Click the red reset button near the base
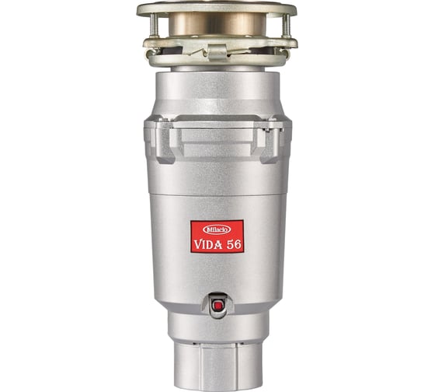217,306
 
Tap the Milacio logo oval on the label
217,229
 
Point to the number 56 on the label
234,244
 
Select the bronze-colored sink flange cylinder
217,24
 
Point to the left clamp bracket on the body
165,142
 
